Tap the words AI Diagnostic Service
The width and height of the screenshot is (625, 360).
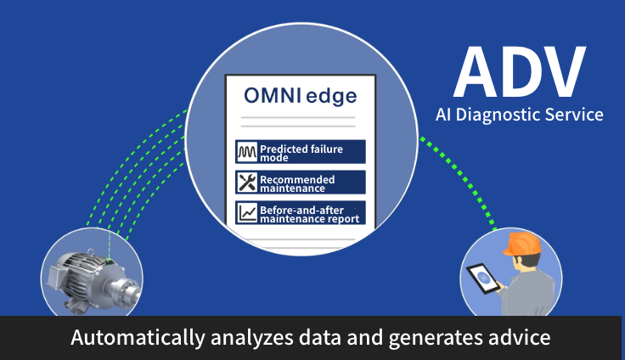coord(519,114)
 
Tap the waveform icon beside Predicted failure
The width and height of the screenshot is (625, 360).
coord(246,152)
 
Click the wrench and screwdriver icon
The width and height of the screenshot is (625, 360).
coord(246,183)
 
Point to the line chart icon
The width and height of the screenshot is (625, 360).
coord(246,213)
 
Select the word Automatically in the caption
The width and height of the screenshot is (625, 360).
coord(137,338)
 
